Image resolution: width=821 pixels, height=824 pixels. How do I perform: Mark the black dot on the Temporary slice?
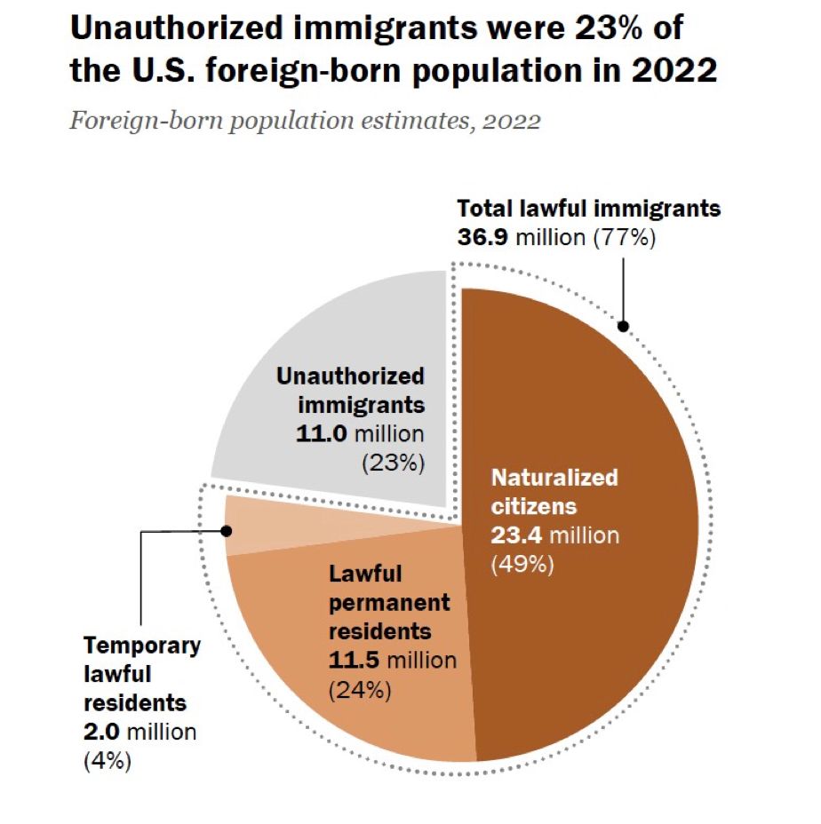(226, 531)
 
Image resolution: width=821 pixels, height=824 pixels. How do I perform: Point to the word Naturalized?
(554, 478)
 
